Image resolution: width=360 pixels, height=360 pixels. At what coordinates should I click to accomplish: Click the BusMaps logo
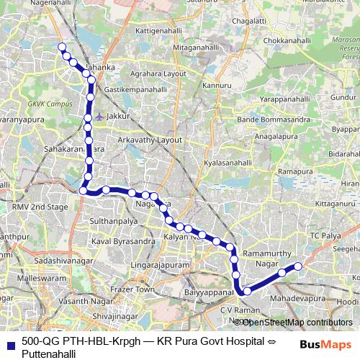tap(327, 345)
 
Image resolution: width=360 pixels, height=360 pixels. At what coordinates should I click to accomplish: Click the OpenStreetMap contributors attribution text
tap(297, 322)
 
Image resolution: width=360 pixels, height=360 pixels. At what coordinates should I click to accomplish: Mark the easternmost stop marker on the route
tap(298, 267)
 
